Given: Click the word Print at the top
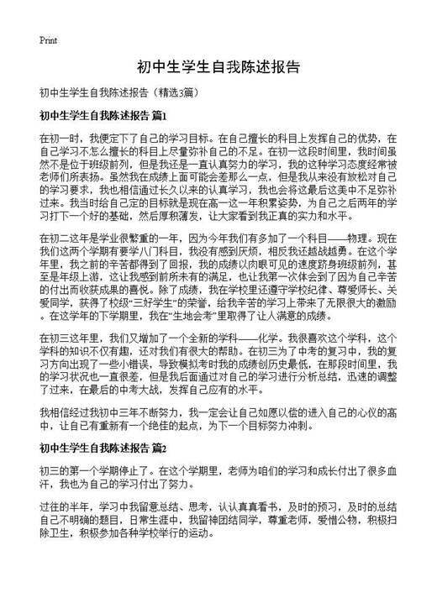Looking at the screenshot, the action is tap(47, 39).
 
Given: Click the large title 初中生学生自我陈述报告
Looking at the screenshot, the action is tap(218, 66).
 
